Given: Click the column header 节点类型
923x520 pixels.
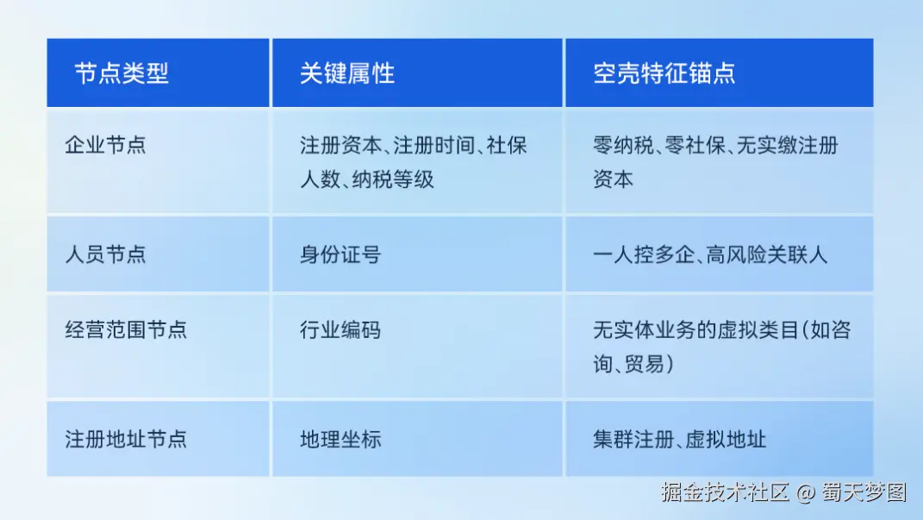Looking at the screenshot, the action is [x=122, y=73].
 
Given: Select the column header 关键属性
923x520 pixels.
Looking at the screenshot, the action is [x=347, y=73].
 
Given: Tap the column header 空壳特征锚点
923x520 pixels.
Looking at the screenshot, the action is [x=664, y=73].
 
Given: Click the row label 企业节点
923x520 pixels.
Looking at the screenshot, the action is [x=105, y=144].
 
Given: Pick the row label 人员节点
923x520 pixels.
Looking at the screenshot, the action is [x=105, y=254].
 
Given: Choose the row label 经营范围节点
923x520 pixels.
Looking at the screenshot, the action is [x=126, y=329].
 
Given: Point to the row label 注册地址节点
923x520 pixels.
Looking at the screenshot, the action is [x=126, y=439].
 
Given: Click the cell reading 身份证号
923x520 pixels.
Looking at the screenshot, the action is [x=340, y=254].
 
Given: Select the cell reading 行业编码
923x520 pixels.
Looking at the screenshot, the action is [x=340, y=329].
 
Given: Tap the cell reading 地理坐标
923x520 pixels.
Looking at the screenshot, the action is [x=340, y=439].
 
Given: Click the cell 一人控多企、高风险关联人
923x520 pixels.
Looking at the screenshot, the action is [x=710, y=254].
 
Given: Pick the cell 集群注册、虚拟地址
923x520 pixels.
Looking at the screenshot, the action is [x=679, y=439].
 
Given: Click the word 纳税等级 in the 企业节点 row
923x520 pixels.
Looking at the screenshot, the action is [x=393, y=179].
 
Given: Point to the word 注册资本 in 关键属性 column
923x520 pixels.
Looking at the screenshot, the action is [x=340, y=145].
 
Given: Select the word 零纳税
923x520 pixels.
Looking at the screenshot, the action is [x=623, y=145].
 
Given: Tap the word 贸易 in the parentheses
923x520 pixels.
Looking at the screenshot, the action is [x=644, y=364].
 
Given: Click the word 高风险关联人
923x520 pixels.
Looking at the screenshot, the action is [x=766, y=254].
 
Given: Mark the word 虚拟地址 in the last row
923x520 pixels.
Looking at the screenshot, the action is [x=726, y=439].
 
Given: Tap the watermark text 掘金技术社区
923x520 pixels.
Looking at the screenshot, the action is [x=725, y=492].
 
